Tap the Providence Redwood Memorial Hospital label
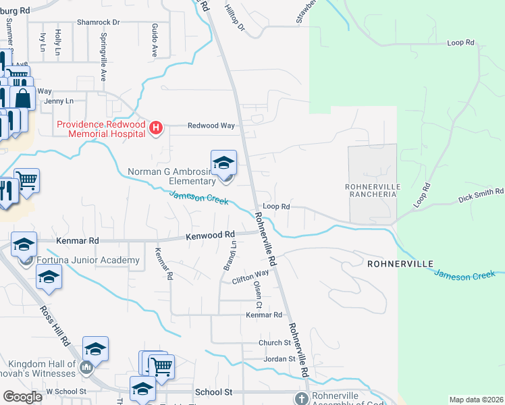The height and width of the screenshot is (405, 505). point(101,129)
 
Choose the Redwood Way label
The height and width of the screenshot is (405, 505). point(211,126)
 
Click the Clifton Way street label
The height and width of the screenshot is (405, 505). point(250,277)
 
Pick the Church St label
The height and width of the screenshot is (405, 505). point(274,343)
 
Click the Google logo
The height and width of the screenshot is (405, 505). point(22,397)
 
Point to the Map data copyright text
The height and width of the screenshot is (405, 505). point(475,400)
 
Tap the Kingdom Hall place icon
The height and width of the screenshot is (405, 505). point(86,368)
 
